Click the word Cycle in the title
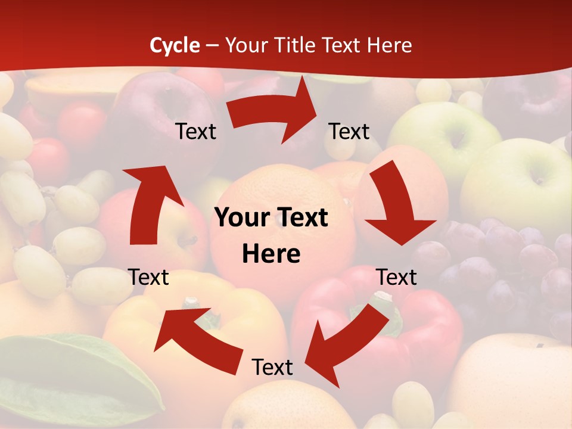pos(175,45)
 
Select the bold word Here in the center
pos(271,254)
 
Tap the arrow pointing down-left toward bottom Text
pos(346,340)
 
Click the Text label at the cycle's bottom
pos(272,367)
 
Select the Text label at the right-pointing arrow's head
pos(349,131)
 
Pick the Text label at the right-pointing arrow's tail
pos(195,131)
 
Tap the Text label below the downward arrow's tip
pos(397,277)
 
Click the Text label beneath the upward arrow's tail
pos(148,277)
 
